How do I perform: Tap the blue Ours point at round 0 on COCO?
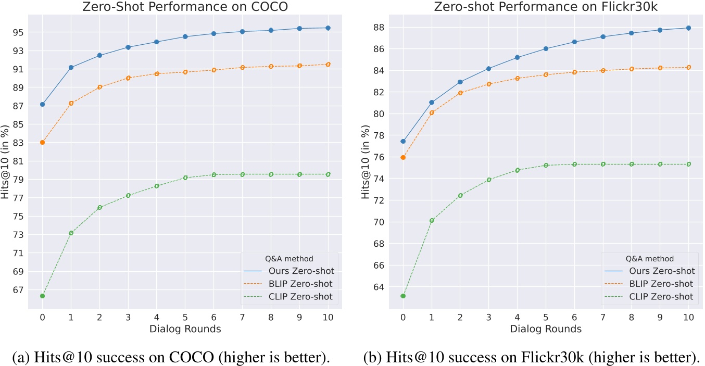pos(42,104)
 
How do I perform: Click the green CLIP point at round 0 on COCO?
pos(42,296)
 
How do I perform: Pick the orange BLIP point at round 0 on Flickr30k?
pos(402,157)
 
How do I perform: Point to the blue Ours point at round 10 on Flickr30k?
pos(688,28)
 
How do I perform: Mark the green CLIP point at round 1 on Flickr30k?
pos(431,220)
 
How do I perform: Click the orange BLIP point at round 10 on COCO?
pos(328,65)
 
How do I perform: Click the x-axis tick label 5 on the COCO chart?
pos(185,317)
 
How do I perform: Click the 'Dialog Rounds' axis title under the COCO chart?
pos(185,329)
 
